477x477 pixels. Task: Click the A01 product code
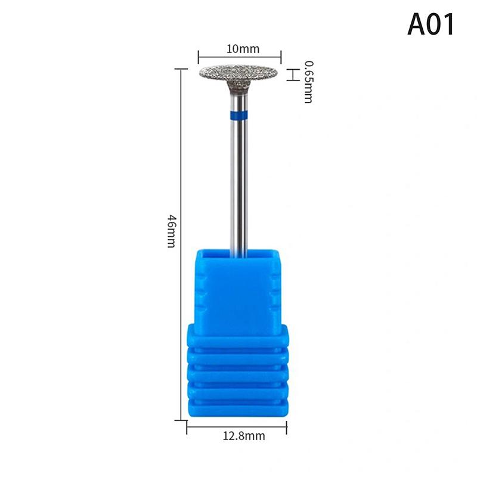tap(431, 24)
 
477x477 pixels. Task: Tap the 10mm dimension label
tap(238, 48)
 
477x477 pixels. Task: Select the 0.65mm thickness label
tap(308, 81)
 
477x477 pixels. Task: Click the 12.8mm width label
tap(238, 437)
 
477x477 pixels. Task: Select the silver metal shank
tap(238, 179)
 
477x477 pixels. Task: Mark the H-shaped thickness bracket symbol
tap(292, 75)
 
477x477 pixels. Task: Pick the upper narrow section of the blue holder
tap(238, 286)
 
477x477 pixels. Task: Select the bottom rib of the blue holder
tap(238, 408)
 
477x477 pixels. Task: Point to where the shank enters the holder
tap(238, 253)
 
